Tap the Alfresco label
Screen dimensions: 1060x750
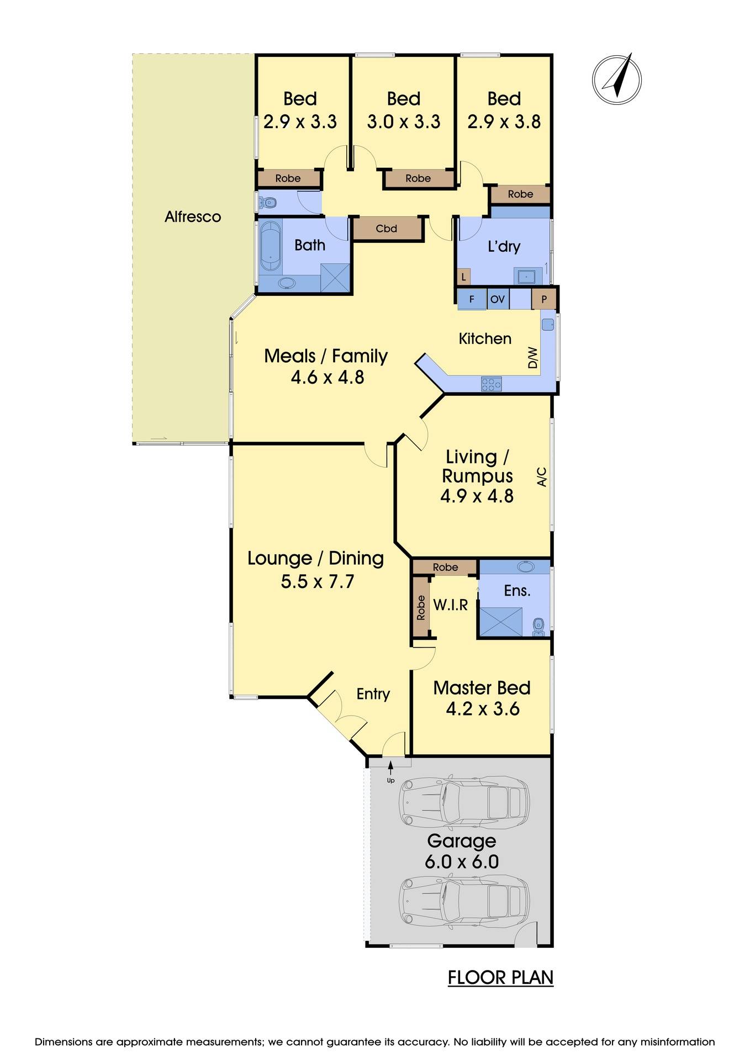coord(193,216)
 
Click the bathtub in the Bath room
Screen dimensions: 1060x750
coord(271,246)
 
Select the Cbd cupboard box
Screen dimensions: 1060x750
coord(387,229)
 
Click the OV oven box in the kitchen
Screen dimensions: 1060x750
coord(497,299)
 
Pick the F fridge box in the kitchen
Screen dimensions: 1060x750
coord(472,299)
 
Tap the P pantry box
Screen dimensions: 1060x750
coord(544,299)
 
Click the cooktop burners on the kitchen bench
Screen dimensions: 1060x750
coord(491,384)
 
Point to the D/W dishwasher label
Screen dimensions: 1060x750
coord(532,357)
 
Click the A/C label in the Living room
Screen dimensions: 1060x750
coord(542,476)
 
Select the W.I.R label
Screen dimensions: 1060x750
coord(450,605)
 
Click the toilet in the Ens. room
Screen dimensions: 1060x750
coord(538,625)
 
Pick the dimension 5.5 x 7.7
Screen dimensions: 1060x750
coord(317,581)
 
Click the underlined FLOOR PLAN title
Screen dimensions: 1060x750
coord(500,977)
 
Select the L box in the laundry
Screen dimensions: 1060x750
coord(463,277)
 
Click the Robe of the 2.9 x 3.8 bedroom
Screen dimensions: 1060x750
coord(520,194)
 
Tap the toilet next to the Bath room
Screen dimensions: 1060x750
coord(268,203)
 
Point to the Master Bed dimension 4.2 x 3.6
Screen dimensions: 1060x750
coord(482,709)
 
